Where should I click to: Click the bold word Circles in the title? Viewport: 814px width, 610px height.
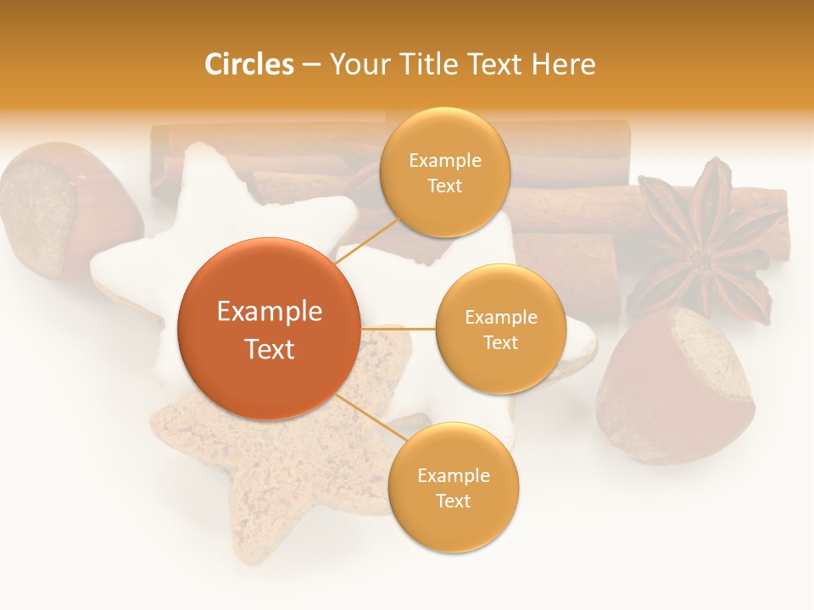click(248, 64)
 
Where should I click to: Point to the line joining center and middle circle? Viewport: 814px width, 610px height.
click(398, 328)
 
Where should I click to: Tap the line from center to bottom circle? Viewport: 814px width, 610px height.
click(365, 415)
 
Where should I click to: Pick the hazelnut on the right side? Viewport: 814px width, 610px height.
click(678, 385)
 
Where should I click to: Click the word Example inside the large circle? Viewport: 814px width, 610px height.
click(269, 312)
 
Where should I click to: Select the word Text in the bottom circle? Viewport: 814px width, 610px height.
click(453, 501)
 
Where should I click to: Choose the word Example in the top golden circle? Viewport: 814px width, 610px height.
click(444, 161)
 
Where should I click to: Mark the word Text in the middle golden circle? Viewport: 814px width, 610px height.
click(500, 342)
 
